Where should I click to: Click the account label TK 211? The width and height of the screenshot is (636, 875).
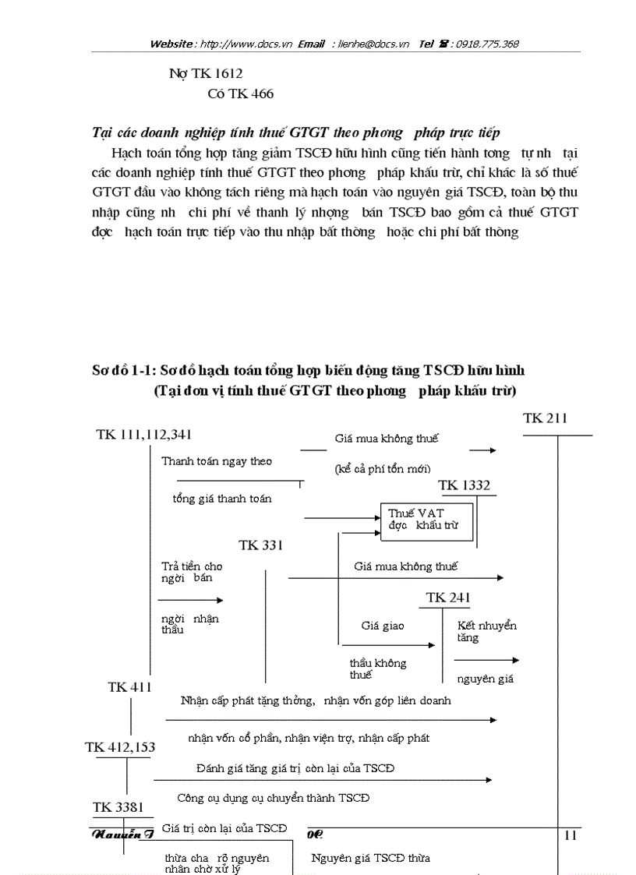click(545, 418)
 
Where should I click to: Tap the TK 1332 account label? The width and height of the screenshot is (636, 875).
click(464, 485)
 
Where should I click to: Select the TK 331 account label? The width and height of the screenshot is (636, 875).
click(260, 545)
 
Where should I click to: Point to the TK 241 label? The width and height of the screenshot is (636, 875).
click(448, 598)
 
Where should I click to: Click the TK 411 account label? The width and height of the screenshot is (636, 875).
click(129, 686)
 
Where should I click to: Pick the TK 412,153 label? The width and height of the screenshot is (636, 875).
click(120, 747)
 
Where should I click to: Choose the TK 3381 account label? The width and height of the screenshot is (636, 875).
click(118, 807)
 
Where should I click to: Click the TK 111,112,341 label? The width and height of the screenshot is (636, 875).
click(144, 434)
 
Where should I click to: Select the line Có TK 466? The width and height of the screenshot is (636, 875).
click(240, 94)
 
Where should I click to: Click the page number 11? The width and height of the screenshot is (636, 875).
click(570, 835)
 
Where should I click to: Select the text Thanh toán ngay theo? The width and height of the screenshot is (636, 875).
click(217, 461)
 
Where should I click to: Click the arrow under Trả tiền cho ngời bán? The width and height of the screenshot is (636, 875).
click(190, 600)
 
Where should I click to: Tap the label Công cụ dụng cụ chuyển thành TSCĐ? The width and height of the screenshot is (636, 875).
click(273, 798)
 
